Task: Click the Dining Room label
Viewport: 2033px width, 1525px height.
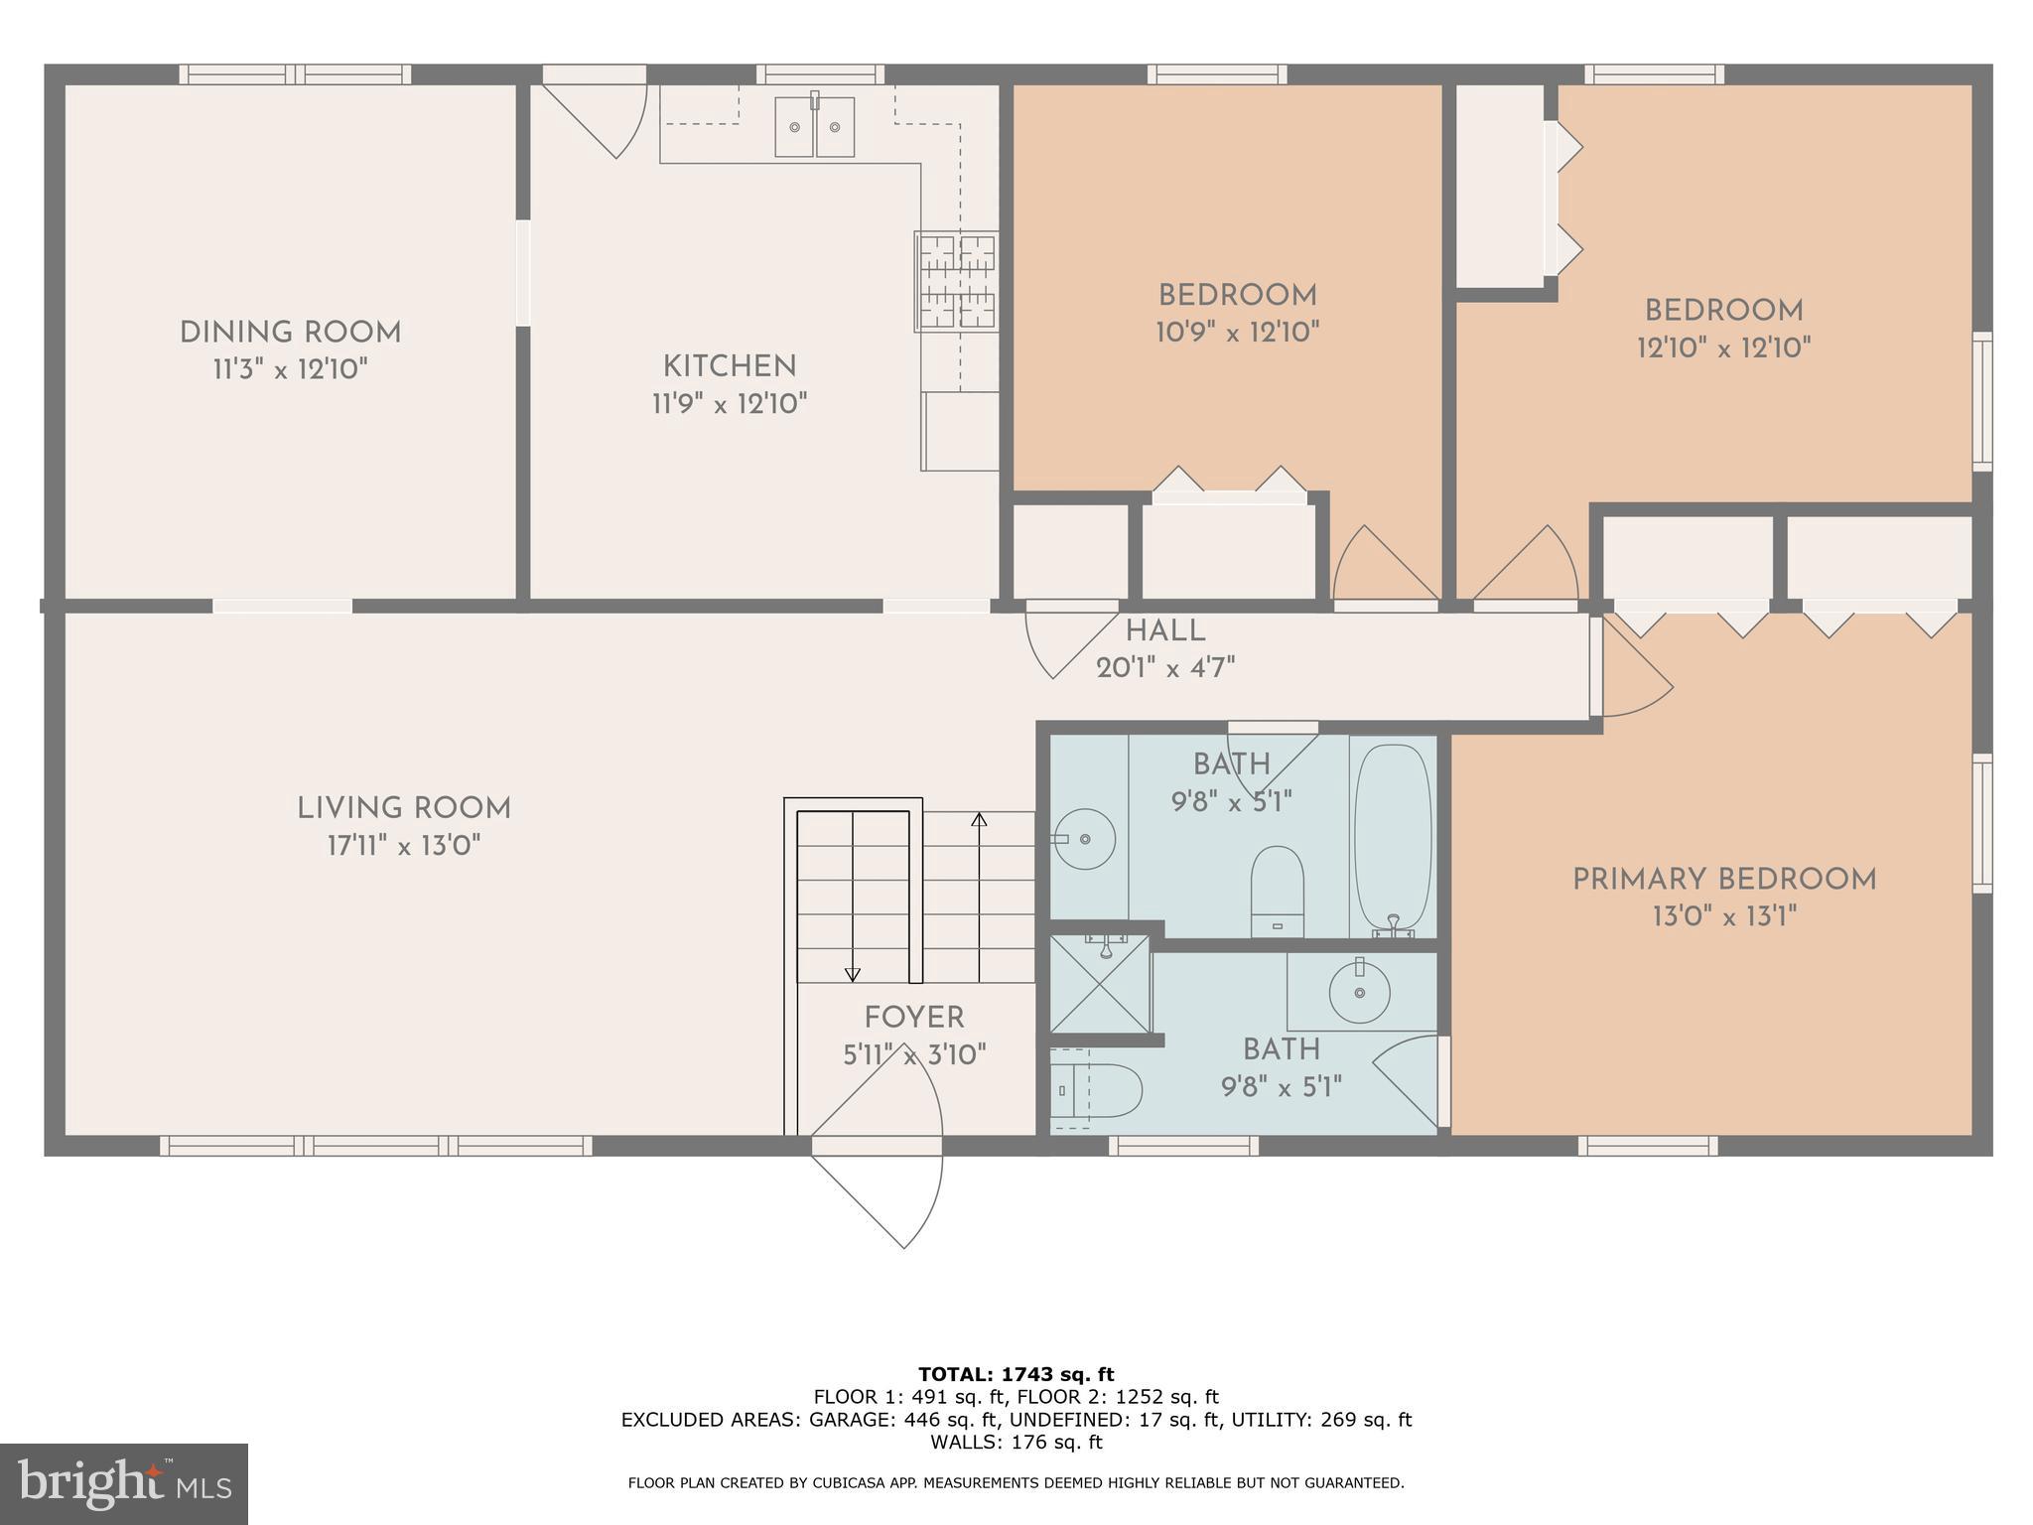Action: (x=290, y=333)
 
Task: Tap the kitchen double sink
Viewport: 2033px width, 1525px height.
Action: (x=814, y=126)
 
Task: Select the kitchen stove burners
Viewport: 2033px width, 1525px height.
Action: (x=956, y=282)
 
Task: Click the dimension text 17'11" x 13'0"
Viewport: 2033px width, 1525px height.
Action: (x=404, y=846)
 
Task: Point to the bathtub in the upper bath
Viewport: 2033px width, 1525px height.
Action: (x=1393, y=837)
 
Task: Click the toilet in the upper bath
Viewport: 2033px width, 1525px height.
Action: (x=1277, y=890)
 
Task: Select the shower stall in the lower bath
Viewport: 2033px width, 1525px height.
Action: (x=1100, y=984)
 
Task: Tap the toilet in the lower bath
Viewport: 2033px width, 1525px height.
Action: (x=1097, y=1091)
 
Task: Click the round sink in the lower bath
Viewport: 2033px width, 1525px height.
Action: (x=1359, y=991)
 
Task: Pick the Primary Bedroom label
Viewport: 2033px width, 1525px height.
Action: (x=1724, y=880)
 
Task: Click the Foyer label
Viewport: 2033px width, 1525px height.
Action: (x=913, y=1018)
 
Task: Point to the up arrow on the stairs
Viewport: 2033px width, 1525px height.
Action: (x=980, y=820)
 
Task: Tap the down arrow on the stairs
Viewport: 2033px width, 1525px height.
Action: (x=852, y=974)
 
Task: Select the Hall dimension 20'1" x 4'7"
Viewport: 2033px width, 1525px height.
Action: (x=1165, y=668)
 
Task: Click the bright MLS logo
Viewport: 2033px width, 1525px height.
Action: (x=124, y=1483)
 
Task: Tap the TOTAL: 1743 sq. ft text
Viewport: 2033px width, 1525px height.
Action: (x=1016, y=1375)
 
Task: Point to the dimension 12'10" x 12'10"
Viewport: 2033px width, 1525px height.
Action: (x=1723, y=348)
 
